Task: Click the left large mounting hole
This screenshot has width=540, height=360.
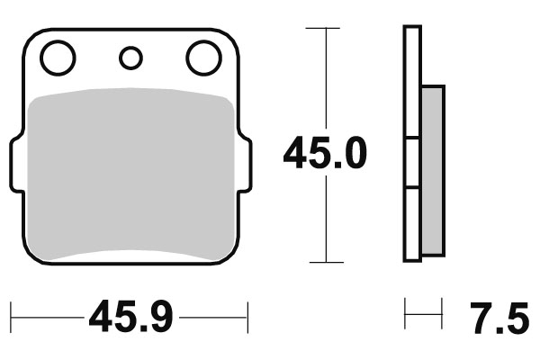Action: [x=58, y=58]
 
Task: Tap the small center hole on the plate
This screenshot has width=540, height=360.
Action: [x=130, y=58]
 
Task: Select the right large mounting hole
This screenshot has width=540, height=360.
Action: [x=203, y=58]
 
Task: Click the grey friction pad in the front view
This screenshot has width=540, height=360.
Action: [x=130, y=175]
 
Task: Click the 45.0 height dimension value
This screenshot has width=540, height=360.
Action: [x=325, y=154]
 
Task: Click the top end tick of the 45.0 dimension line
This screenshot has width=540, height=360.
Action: [x=324, y=28]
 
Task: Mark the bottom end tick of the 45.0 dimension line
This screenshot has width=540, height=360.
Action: [x=324, y=262]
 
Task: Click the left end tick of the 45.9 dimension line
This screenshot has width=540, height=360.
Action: [x=12, y=317]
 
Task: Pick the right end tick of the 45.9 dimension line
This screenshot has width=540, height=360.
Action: [x=247, y=317]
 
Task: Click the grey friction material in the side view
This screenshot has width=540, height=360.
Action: [x=432, y=168]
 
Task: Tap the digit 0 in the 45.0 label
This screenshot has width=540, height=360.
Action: [x=354, y=154]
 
